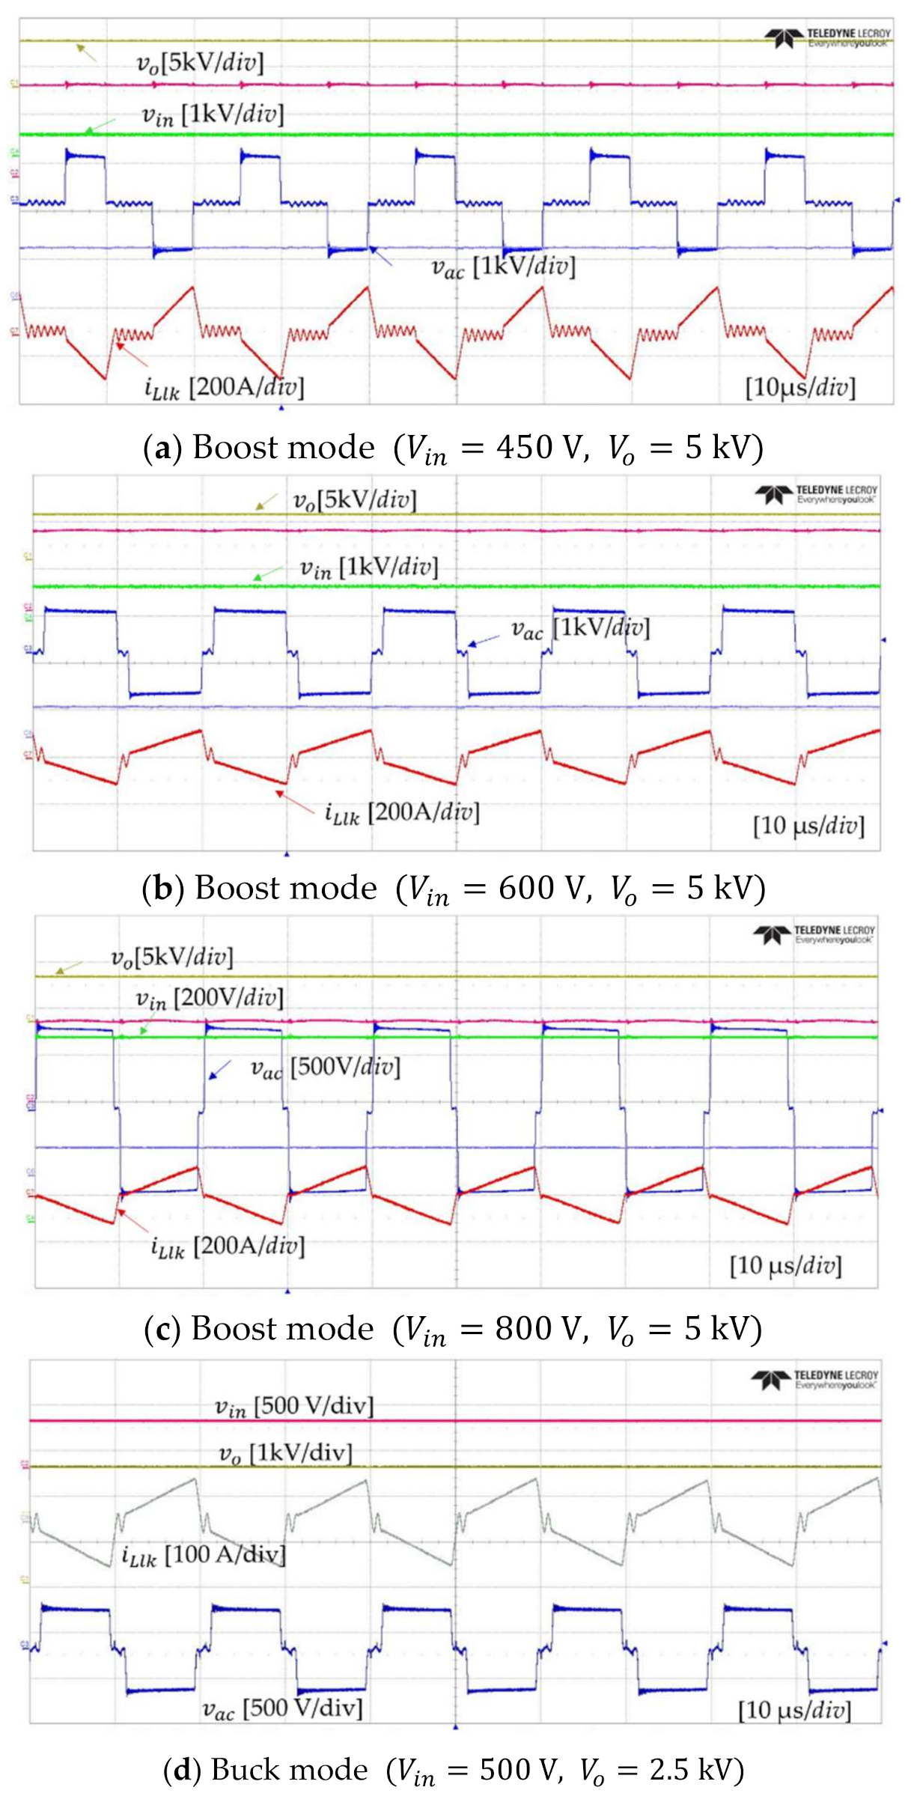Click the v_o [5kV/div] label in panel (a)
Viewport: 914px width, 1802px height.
coord(200,63)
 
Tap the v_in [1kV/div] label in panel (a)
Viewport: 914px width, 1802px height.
coord(213,115)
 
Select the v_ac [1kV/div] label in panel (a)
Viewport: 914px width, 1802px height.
coord(503,267)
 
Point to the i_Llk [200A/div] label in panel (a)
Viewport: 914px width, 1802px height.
coord(224,387)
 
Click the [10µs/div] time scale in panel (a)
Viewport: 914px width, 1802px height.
coord(800,387)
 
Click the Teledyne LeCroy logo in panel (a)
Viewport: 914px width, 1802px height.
coord(827,37)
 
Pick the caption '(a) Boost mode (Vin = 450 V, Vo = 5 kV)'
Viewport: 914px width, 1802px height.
coord(453,448)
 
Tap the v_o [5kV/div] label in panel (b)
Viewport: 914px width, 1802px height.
coord(354,500)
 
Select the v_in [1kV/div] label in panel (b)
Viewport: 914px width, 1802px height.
coord(369,567)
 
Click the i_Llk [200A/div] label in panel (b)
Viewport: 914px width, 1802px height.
coord(402,812)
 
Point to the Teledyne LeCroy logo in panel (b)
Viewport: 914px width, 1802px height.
coord(816,494)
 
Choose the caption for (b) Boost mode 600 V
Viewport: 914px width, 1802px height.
coord(454,889)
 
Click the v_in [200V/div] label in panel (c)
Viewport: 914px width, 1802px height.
coord(210,998)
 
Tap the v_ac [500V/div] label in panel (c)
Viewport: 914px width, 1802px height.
coord(325,1067)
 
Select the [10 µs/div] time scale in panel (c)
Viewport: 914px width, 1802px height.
coord(786,1265)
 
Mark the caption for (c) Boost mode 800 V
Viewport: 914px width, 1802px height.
coord(453,1329)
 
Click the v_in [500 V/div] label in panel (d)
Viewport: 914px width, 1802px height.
coord(294,1406)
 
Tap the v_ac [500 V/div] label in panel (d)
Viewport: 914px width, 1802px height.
coord(282,1708)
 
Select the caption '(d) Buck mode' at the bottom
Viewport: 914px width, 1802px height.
coord(453,1770)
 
